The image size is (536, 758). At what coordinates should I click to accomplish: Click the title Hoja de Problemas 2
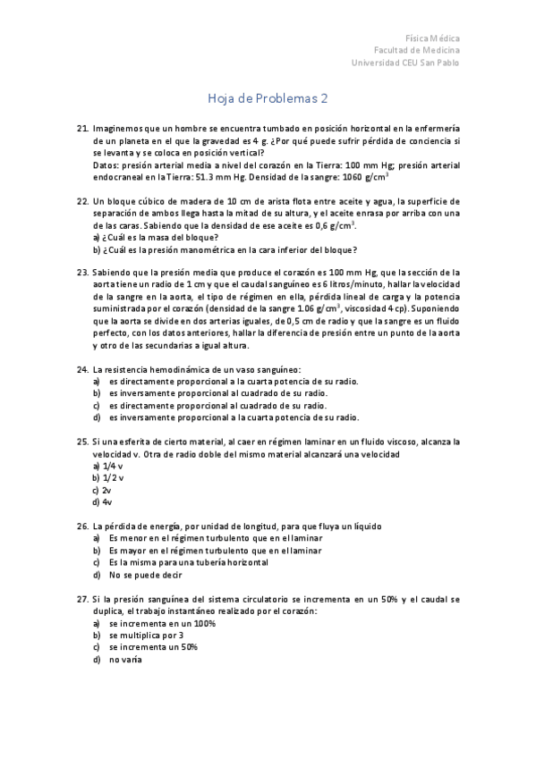268,98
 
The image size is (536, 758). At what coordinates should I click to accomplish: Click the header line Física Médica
433,39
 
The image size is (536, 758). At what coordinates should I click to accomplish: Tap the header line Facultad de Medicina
417,51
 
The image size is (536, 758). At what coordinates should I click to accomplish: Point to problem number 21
82,131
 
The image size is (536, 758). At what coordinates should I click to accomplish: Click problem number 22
82,202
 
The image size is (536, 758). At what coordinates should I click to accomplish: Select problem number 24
82,369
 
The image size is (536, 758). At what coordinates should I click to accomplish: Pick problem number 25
82,442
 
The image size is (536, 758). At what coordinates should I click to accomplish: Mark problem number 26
82,526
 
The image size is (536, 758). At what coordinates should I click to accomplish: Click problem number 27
82,599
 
